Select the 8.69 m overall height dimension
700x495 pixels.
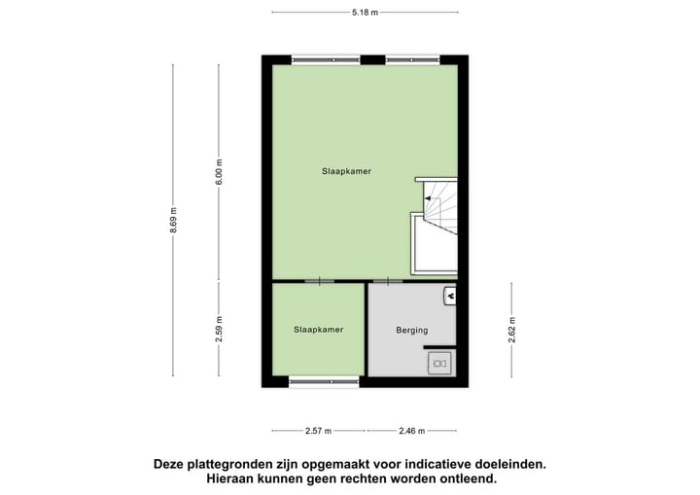coord(174,221)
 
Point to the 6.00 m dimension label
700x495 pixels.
coord(220,171)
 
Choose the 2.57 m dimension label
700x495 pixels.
coord(318,430)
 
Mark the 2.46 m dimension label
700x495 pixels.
coord(411,430)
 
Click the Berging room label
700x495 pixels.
coord(411,331)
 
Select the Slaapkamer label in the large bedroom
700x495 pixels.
coord(346,171)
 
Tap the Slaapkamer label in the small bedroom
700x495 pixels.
coord(318,330)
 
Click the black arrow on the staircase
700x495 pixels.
coord(425,198)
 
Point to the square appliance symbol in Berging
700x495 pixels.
coord(439,363)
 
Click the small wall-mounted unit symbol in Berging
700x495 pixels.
coord(450,293)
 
